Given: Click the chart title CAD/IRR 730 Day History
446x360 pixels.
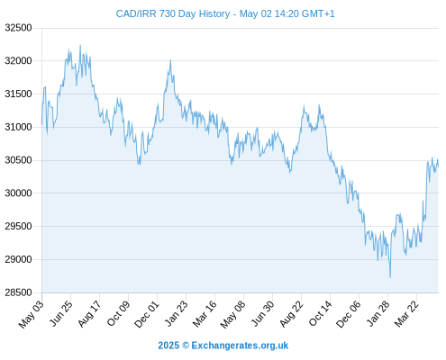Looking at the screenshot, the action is [173, 13].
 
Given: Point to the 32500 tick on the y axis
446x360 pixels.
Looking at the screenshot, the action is [18, 28].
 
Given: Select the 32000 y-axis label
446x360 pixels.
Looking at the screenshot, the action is [18, 61].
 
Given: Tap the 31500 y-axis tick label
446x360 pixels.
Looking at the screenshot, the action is [18, 94].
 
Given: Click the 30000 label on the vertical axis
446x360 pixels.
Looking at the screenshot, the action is [18, 193].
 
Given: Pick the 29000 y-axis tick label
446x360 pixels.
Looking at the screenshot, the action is [18, 259].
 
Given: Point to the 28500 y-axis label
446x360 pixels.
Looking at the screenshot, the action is [18, 292].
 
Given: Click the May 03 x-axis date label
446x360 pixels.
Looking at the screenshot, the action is [32, 314].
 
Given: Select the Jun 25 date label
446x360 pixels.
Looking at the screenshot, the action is [61, 313].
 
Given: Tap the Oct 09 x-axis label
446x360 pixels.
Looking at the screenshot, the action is [118, 313].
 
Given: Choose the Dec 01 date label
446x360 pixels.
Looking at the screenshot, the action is [147, 314].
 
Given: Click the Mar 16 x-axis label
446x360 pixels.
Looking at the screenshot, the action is [205, 313].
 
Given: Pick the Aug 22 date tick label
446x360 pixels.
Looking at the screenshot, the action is [292, 313].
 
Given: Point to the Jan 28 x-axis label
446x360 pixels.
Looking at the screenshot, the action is [378, 313].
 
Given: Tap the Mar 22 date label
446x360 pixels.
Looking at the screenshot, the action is [406, 313].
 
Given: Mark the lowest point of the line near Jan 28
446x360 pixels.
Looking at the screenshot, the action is [390, 277].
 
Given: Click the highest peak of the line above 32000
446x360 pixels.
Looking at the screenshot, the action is [80, 45].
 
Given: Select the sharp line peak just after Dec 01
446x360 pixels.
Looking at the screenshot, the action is [170, 60].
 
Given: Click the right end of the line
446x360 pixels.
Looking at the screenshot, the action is [438, 166].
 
